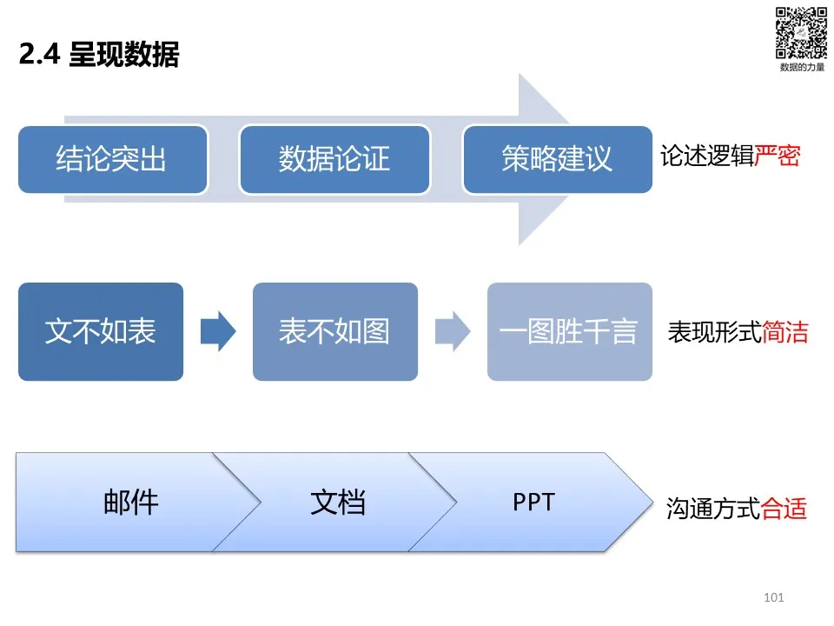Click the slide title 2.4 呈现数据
pos(99,54)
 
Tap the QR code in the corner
pos(801,32)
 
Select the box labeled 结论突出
pos(113,159)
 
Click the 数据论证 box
pos(334,159)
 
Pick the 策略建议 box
pos(558,159)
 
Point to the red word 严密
pos(777,156)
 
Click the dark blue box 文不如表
pos(101,331)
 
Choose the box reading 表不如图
pos(335,331)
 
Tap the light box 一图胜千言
pos(570,331)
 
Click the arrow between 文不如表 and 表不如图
pos(218,331)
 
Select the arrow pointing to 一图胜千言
pos(453,331)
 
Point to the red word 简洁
pos(785,332)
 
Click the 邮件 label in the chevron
pos(131,503)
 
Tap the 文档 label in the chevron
pos(338,503)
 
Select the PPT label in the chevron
pos(533,502)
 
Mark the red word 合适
pos(784,509)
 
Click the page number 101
pos(774,597)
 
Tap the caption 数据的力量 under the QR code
pos(802,67)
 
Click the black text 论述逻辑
pos(707,156)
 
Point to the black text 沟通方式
pos(713,509)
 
